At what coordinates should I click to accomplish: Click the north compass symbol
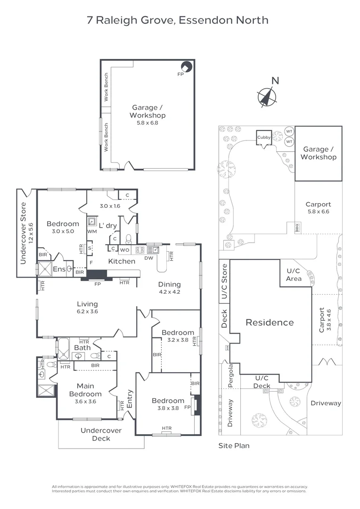267,97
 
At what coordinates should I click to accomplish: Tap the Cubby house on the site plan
263,137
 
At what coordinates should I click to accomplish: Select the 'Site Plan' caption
234,445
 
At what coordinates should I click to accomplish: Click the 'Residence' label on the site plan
269,322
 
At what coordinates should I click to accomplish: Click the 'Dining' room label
169,284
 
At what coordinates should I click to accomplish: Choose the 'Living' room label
87,304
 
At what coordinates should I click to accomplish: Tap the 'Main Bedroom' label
85,390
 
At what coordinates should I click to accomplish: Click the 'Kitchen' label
122,261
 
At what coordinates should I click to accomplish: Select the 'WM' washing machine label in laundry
92,231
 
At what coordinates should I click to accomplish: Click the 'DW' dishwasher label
149,258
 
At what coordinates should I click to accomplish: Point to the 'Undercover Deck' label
101,434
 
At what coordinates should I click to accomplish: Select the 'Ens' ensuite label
59,269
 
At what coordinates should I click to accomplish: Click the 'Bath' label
82,348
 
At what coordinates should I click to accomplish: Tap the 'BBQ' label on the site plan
297,227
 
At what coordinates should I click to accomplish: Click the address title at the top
178,20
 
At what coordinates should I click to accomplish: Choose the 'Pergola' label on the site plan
231,376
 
